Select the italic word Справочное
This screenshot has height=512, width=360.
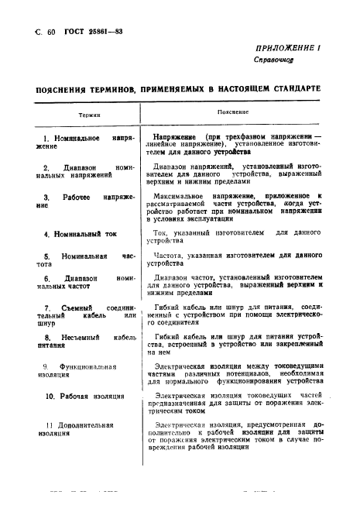tap(274, 60)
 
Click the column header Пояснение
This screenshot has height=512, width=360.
tap(231, 113)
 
